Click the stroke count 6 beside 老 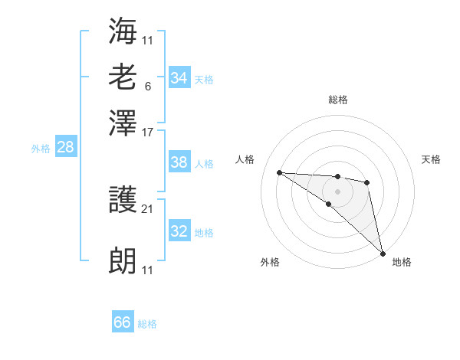[x=147, y=86]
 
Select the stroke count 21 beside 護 [x=148, y=209]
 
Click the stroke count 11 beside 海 [x=148, y=39]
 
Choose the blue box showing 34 [x=179, y=78]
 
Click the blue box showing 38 [x=179, y=162]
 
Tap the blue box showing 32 [x=179, y=231]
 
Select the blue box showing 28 [x=66, y=148]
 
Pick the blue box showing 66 [x=123, y=322]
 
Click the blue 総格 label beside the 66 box [x=147, y=324]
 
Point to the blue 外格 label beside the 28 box [x=41, y=149]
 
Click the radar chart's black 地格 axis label [x=402, y=262]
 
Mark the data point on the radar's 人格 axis [x=279, y=172]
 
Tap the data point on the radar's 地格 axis [x=382, y=254]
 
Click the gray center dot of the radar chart [x=338, y=191]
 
